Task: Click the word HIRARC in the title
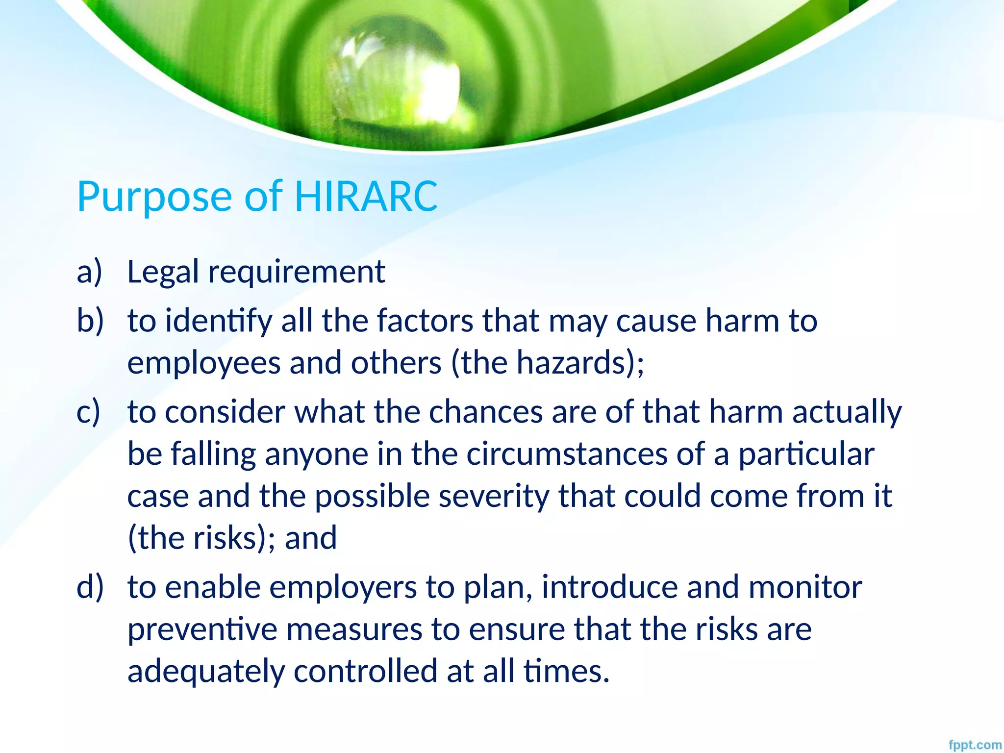coord(366,197)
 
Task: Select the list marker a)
coord(89,272)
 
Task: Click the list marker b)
coord(90,321)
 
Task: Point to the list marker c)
coord(88,411)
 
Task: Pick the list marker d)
coord(90,587)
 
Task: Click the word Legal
coord(163,273)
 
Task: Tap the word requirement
coord(297,273)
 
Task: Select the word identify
coord(219,322)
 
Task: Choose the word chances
coord(486,412)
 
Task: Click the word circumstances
coord(567,454)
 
